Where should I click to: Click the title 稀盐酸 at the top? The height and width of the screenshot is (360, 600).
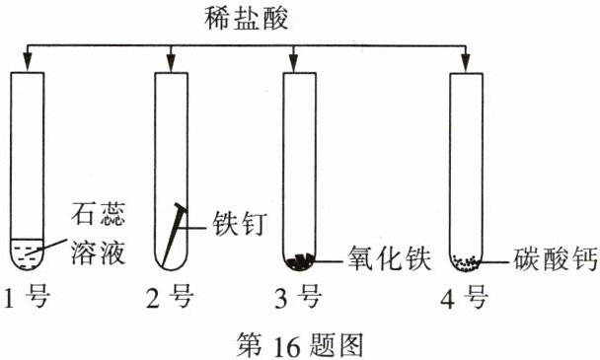(246, 19)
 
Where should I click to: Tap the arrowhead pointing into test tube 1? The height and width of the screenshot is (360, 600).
(28, 63)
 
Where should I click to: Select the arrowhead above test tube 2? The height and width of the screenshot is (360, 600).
(171, 63)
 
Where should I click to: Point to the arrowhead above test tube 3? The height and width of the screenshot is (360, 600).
(293, 63)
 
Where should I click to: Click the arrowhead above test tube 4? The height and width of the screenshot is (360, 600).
(466, 63)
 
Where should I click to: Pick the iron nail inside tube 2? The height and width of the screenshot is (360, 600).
(174, 235)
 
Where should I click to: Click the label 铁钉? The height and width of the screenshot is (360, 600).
(240, 224)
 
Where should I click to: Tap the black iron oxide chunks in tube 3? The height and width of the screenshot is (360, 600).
(300, 262)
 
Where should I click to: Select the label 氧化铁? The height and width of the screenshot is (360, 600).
(389, 258)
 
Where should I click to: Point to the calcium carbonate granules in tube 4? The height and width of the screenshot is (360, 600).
(466, 263)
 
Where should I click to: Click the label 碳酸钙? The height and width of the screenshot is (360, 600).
(555, 259)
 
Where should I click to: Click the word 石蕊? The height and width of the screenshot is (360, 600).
(99, 214)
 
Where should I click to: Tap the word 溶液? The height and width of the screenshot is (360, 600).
(99, 252)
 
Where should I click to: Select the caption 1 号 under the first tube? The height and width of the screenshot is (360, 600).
(28, 297)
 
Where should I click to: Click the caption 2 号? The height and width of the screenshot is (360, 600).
(170, 297)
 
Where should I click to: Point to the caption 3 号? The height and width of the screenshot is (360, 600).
(298, 297)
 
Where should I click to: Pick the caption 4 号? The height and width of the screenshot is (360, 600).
(465, 299)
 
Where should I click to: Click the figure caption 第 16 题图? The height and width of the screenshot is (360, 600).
(300, 344)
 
